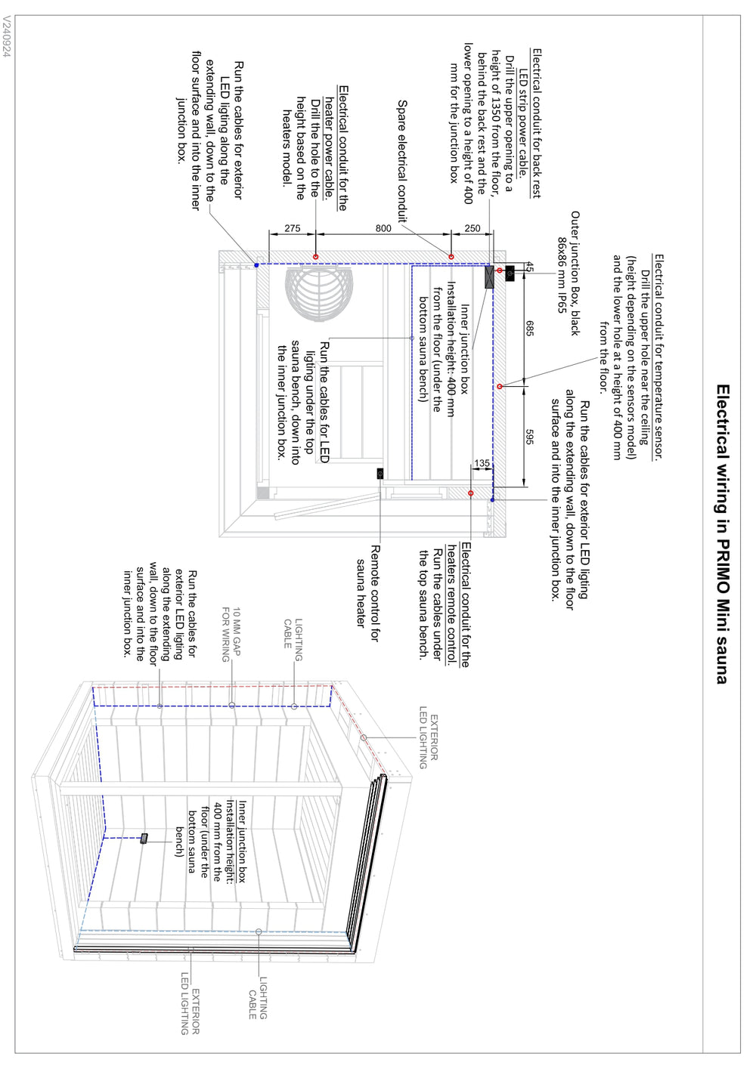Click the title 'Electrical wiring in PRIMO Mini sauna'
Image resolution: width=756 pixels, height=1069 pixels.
point(723,534)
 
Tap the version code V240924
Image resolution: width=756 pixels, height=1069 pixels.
point(7,39)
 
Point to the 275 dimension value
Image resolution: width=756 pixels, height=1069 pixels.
point(293,228)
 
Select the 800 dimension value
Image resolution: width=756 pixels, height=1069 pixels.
point(383,228)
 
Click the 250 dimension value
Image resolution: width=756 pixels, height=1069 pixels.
point(472,228)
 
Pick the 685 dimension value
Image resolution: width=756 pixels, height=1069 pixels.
point(530,329)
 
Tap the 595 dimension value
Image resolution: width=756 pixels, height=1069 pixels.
point(530,437)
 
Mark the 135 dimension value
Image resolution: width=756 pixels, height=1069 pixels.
point(482,463)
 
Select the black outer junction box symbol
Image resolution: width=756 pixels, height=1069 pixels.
point(510,273)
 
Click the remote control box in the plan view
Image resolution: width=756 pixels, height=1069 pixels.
point(380,474)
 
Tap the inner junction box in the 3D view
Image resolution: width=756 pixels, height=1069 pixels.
point(144,838)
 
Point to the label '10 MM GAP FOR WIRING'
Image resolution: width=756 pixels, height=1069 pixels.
point(231,635)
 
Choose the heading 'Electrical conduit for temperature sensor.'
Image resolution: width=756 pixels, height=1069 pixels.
point(658,357)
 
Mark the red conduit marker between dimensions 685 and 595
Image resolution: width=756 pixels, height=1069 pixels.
point(500,386)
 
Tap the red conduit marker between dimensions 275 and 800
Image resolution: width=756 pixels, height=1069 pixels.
point(316,257)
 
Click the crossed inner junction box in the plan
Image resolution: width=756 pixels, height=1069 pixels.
point(489,277)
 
